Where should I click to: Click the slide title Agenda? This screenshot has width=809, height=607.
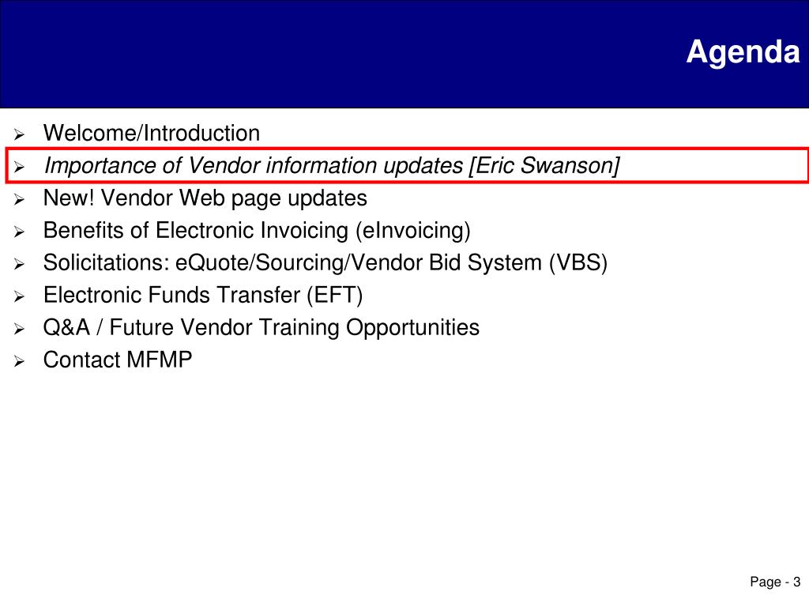(x=743, y=53)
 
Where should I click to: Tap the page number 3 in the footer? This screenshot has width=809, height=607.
(x=796, y=582)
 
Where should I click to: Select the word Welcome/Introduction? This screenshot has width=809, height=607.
(x=152, y=133)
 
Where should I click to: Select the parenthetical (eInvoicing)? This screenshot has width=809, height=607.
(x=412, y=232)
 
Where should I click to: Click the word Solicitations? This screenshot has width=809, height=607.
(x=107, y=262)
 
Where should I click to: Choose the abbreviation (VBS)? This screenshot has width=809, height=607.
(x=578, y=263)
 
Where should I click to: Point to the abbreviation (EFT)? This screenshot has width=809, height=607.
(x=334, y=296)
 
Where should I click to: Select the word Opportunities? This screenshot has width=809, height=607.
(x=412, y=328)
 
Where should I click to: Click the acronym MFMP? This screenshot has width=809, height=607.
(x=159, y=360)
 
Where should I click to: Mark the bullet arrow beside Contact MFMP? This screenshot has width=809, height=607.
(x=19, y=361)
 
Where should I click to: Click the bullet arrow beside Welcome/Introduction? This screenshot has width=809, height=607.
(x=19, y=134)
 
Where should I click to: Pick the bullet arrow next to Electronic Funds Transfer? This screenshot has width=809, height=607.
(x=19, y=297)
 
